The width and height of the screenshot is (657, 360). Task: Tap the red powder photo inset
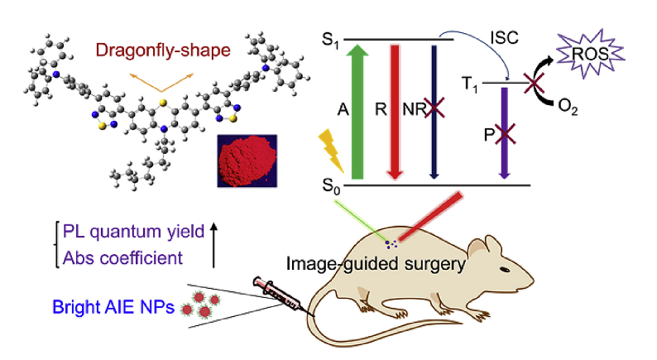click(246, 160)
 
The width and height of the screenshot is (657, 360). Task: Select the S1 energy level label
click(330, 39)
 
